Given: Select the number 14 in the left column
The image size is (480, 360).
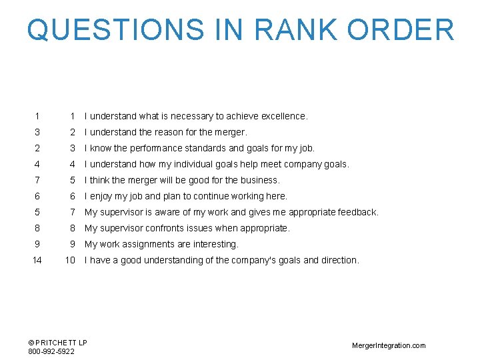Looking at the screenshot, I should pyautogui.click(x=37, y=260).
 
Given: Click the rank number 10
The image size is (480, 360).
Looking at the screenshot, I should pyautogui.click(x=70, y=260).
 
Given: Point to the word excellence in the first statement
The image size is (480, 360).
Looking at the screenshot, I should pyautogui.click(x=284, y=116).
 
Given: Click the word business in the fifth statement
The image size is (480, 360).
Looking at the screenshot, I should pyautogui.click(x=260, y=180).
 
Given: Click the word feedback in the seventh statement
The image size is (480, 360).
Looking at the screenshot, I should pyautogui.click(x=357, y=212).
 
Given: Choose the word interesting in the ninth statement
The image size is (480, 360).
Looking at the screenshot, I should pyautogui.click(x=217, y=244).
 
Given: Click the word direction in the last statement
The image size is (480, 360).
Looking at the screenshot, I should pyautogui.click(x=340, y=260).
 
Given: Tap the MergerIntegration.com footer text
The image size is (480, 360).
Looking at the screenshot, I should pyautogui.click(x=389, y=345).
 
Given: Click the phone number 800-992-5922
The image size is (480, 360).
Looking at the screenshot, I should pyautogui.click(x=51, y=351).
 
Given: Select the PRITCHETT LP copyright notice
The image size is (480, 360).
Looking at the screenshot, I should pyautogui.click(x=58, y=343).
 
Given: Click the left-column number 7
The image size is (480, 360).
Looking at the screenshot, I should pyautogui.click(x=37, y=180).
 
